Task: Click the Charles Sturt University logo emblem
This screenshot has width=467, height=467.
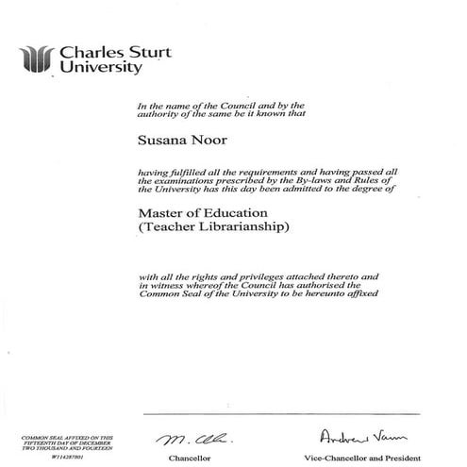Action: click(x=39, y=58)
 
